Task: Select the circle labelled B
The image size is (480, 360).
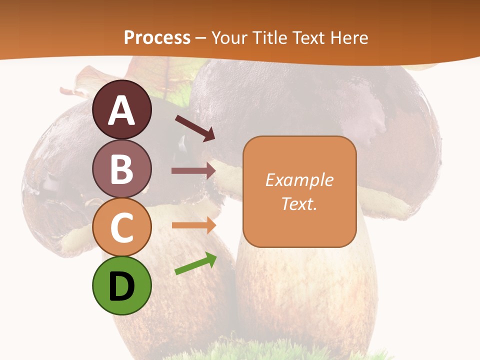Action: click(121, 168)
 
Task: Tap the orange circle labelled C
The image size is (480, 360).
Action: click(121, 227)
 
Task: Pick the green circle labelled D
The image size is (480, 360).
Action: click(121, 285)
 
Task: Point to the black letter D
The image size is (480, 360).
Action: click(121, 287)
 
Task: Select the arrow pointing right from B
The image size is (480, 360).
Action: click(193, 171)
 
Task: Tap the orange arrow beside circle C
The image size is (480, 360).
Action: click(193, 225)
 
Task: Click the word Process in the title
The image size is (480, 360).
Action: click(157, 37)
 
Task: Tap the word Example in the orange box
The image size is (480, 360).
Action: click(299, 180)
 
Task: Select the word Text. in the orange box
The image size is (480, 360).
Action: click(299, 203)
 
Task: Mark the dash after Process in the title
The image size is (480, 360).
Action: click(201, 38)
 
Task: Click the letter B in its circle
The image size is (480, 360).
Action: click(121, 169)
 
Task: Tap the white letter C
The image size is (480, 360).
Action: click(121, 227)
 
